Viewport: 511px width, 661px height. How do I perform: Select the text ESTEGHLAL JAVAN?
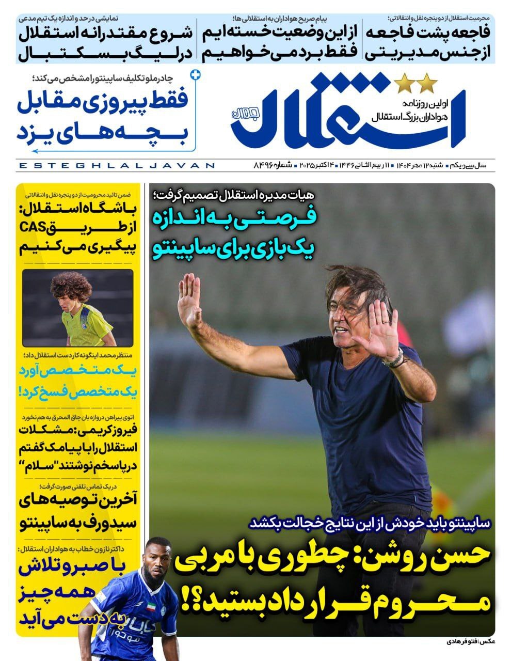pos(116,166)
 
